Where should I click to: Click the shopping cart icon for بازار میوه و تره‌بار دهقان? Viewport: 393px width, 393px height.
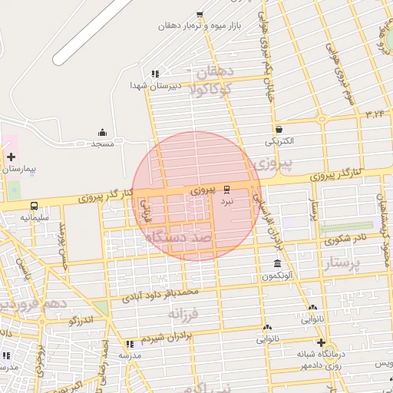200,14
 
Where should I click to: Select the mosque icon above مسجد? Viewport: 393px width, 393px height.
102,132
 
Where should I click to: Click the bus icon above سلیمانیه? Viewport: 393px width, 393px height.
35,206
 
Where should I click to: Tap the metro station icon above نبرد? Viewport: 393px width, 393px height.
226,189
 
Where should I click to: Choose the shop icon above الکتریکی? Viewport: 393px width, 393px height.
278,129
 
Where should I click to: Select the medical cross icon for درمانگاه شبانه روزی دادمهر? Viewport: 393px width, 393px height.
321,342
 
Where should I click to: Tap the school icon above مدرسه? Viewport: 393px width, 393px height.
129,344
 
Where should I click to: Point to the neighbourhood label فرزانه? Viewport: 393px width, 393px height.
185,314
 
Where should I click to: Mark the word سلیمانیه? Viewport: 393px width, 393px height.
35,218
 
